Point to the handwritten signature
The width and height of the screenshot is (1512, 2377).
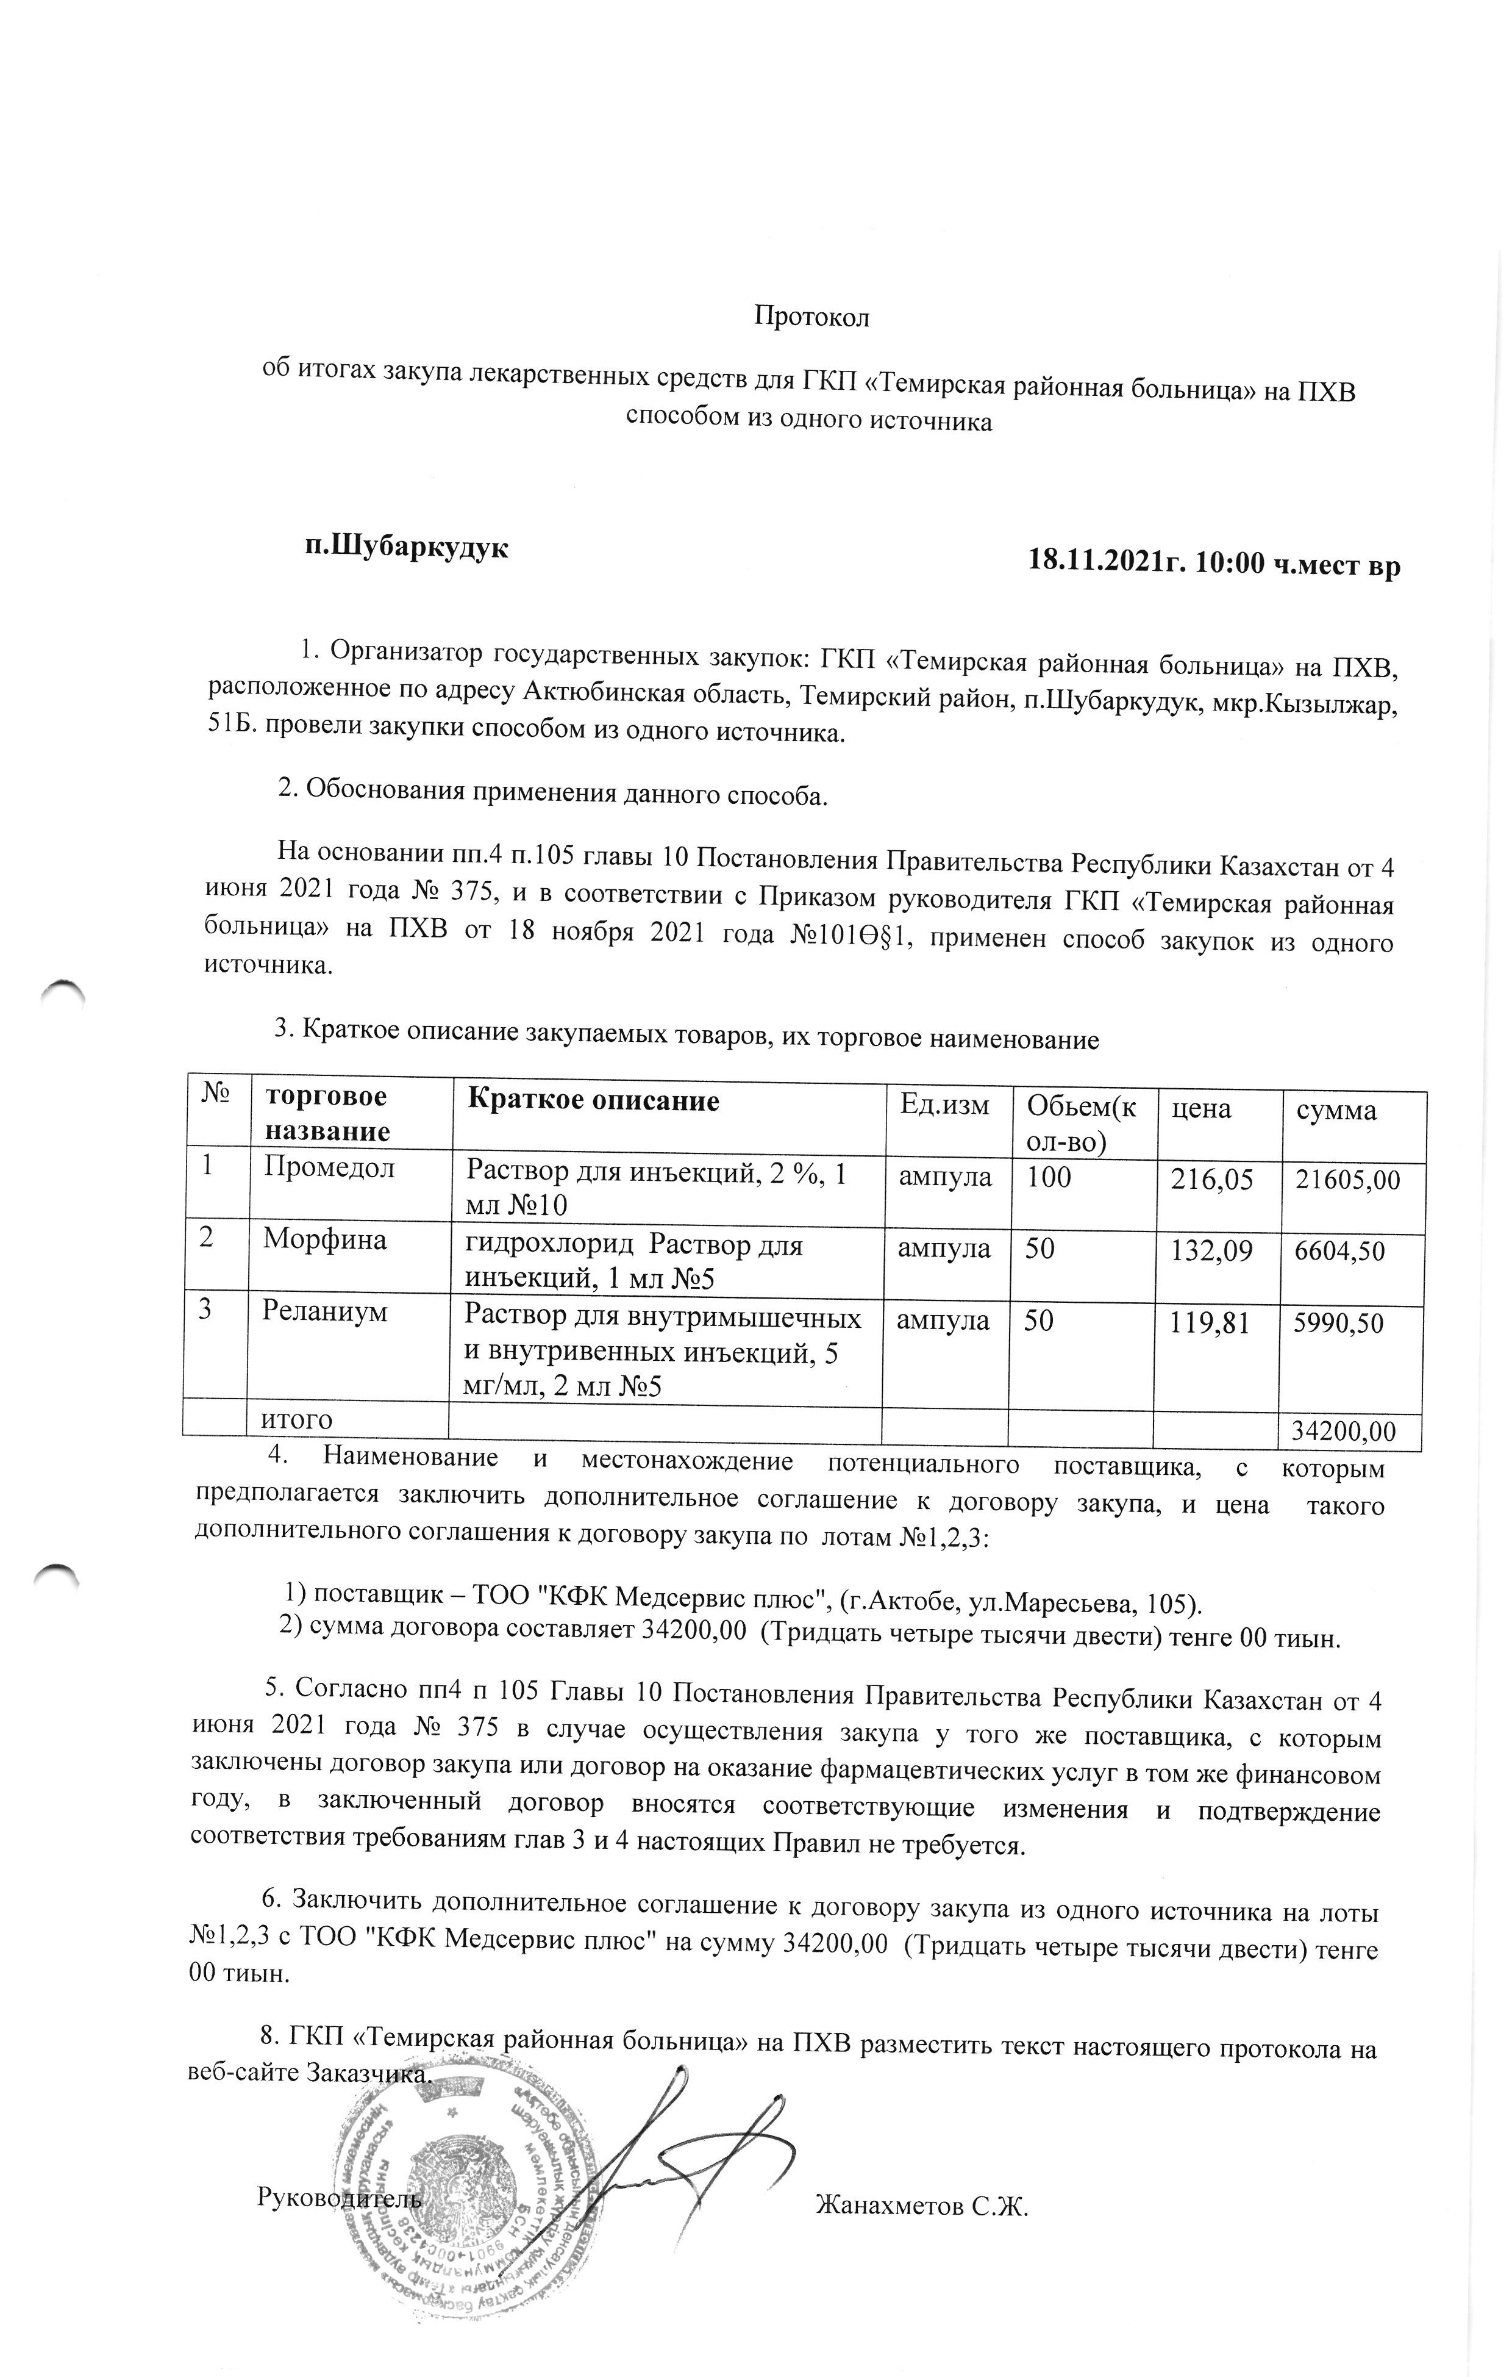(671, 2122)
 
